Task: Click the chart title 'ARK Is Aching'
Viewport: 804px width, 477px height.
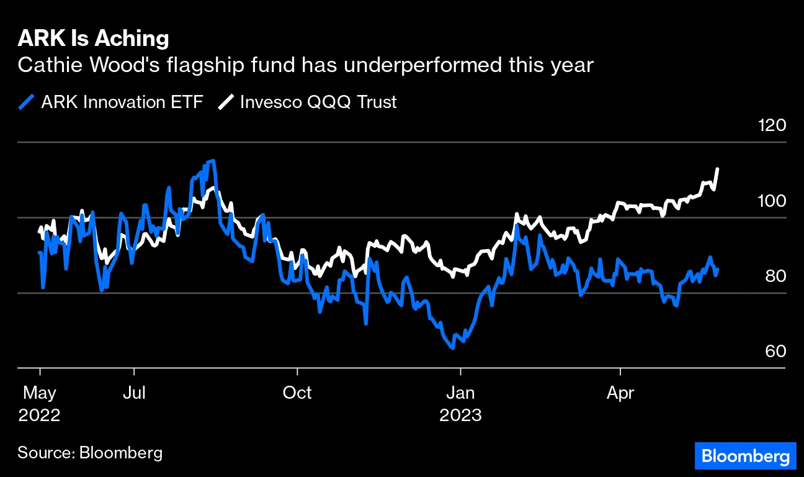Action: (x=93, y=39)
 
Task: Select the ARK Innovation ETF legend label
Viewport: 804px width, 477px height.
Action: (x=122, y=102)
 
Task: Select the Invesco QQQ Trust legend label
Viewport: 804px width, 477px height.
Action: (x=318, y=102)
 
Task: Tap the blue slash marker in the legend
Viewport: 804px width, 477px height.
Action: (x=27, y=102)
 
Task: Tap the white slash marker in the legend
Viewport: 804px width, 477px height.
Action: (x=225, y=102)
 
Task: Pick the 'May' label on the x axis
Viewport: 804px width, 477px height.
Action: (x=40, y=393)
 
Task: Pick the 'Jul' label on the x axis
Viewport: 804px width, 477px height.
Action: (x=134, y=393)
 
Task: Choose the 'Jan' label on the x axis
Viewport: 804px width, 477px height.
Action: (x=460, y=393)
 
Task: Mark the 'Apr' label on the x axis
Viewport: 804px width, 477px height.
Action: (x=620, y=393)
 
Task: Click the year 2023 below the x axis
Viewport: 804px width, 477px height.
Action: (x=460, y=415)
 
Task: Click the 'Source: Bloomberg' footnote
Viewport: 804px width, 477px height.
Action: (x=90, y=452)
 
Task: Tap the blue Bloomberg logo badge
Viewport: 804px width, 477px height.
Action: (x=744, y=457)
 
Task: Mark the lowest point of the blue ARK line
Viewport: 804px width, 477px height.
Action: (x=453, y=348)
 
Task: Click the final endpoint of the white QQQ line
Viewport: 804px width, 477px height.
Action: (x=718, y=168)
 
